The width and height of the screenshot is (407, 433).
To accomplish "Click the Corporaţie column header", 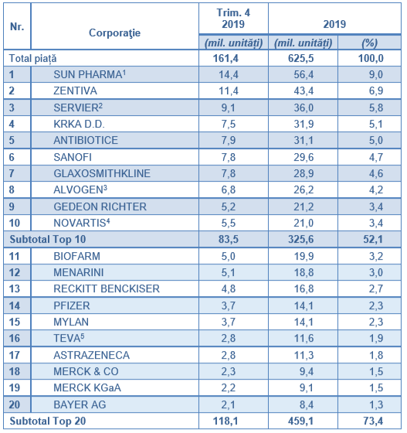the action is pyautogui.click(x=114, y=32).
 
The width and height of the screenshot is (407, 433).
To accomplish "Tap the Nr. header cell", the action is pyautogui.click(x=17, y=26).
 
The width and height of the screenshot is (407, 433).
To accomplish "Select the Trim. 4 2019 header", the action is pyautogui.click(x=233, y=19).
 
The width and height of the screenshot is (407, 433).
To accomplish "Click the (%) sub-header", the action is pyautogui.click(x=369, y=43).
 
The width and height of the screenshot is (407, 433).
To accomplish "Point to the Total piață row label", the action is pyautogui.click(x=32, y=59).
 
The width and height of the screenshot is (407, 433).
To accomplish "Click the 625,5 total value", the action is pyautogui.click(x=301, y=58).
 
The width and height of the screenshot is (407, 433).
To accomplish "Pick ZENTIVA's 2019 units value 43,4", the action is pyautogui.click(x=304, y=91).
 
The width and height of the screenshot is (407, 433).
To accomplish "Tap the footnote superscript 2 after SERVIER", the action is pyautogui.click(x=100, y=105).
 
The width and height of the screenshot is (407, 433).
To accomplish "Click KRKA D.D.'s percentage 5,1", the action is pyautogui.click(x=376, y=124).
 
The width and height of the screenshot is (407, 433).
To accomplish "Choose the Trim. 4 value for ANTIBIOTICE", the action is pyautogui.click(x=229, y=140).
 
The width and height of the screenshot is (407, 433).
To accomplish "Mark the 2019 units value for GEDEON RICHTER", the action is pyautogui.click(x=304, y=206).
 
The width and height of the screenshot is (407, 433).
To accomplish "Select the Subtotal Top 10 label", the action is pyautogui.click(x=48, y=239).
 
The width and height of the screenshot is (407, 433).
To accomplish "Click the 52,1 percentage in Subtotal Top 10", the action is pyautogui.click(x=373, y=239).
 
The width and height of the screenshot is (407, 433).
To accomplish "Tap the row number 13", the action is pyautogui.click(x=15, y=289).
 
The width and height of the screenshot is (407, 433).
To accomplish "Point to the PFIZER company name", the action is pyautogui.click(x=72, y=305).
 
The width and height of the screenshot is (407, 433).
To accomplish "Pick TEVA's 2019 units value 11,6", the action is pyautogui.click(x=304, y=339).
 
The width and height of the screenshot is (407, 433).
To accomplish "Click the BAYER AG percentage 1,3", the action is pyautogui.click(x=376, y=405).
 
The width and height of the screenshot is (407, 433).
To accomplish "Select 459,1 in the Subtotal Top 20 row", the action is pyautogui.click(x=301, y=421).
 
